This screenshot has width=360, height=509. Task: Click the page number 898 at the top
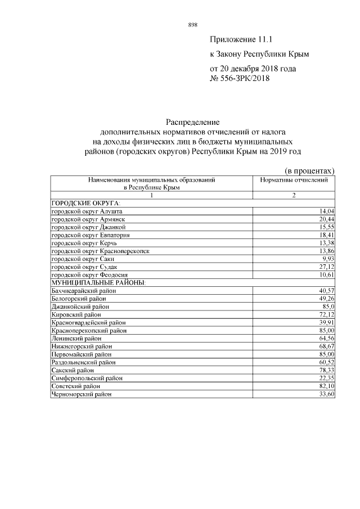192,25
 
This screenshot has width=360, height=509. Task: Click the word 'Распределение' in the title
192,121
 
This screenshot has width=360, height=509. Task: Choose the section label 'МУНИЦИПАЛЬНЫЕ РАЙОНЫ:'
98,282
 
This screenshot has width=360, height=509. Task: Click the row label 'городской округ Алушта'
83,210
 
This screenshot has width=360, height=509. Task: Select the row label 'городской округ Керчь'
81,242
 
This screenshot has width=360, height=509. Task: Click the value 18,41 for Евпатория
327,234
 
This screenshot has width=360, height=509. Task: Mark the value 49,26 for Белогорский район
327,298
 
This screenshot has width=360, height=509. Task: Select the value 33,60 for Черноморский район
327,394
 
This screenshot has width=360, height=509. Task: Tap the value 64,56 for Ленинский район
327,339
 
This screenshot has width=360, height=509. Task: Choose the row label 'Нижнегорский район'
81,346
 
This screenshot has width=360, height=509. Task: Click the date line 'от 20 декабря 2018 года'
253,69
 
